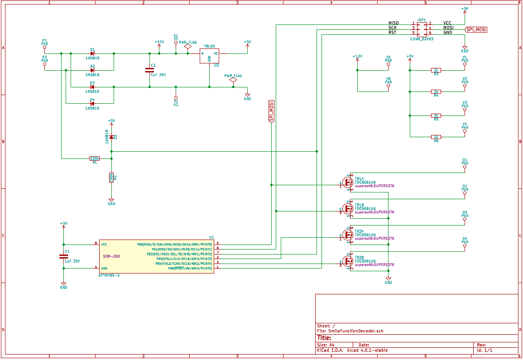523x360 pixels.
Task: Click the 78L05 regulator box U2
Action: click(209, 56)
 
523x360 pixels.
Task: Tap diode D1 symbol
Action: click(92, 53)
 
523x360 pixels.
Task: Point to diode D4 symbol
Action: click(92, 104)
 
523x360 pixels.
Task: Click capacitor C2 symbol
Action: click(149, 70)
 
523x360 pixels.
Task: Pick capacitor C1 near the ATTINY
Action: click(63, 256)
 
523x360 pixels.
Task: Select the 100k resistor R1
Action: click(95, 158)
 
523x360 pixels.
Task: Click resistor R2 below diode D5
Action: click(111, 178)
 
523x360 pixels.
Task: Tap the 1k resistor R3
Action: click(436, 70)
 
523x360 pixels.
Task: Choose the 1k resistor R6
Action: click(436, 137)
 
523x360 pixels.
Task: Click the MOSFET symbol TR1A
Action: click(348, 182)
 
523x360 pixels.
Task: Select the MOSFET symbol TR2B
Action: click(348, 261)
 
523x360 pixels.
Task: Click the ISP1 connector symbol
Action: click(422, 28)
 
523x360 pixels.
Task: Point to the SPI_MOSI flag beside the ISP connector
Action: click(477, 29)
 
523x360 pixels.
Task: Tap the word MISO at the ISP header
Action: click(393, 23)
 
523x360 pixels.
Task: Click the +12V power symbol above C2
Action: click(159, 42)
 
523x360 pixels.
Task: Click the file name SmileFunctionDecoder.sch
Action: click(356, 331)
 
